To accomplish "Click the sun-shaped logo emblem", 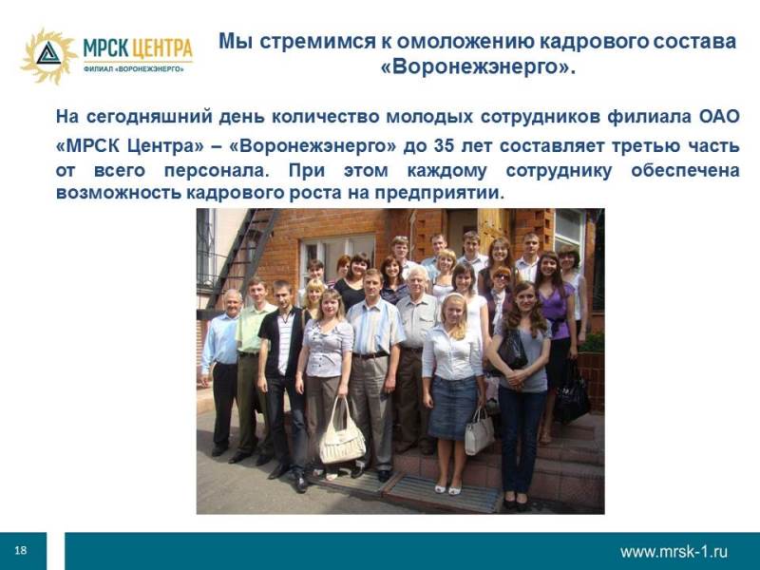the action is [48, 56].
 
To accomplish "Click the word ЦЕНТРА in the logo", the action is [161, 48].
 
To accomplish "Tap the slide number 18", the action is [21, 550].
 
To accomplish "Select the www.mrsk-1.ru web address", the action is [674, 551].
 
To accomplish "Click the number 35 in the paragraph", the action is [444, 145].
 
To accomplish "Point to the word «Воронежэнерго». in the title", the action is [478, 66].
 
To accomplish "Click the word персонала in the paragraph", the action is [214, 171].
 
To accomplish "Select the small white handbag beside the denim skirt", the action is [479, 432].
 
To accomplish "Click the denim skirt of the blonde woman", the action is [453, 408].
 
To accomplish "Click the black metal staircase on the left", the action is [242, 256].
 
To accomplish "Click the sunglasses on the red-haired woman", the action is [502, 276].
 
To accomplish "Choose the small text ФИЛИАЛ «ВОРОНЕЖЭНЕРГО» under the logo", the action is [134, 69].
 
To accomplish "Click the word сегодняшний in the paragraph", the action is [149, 118].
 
